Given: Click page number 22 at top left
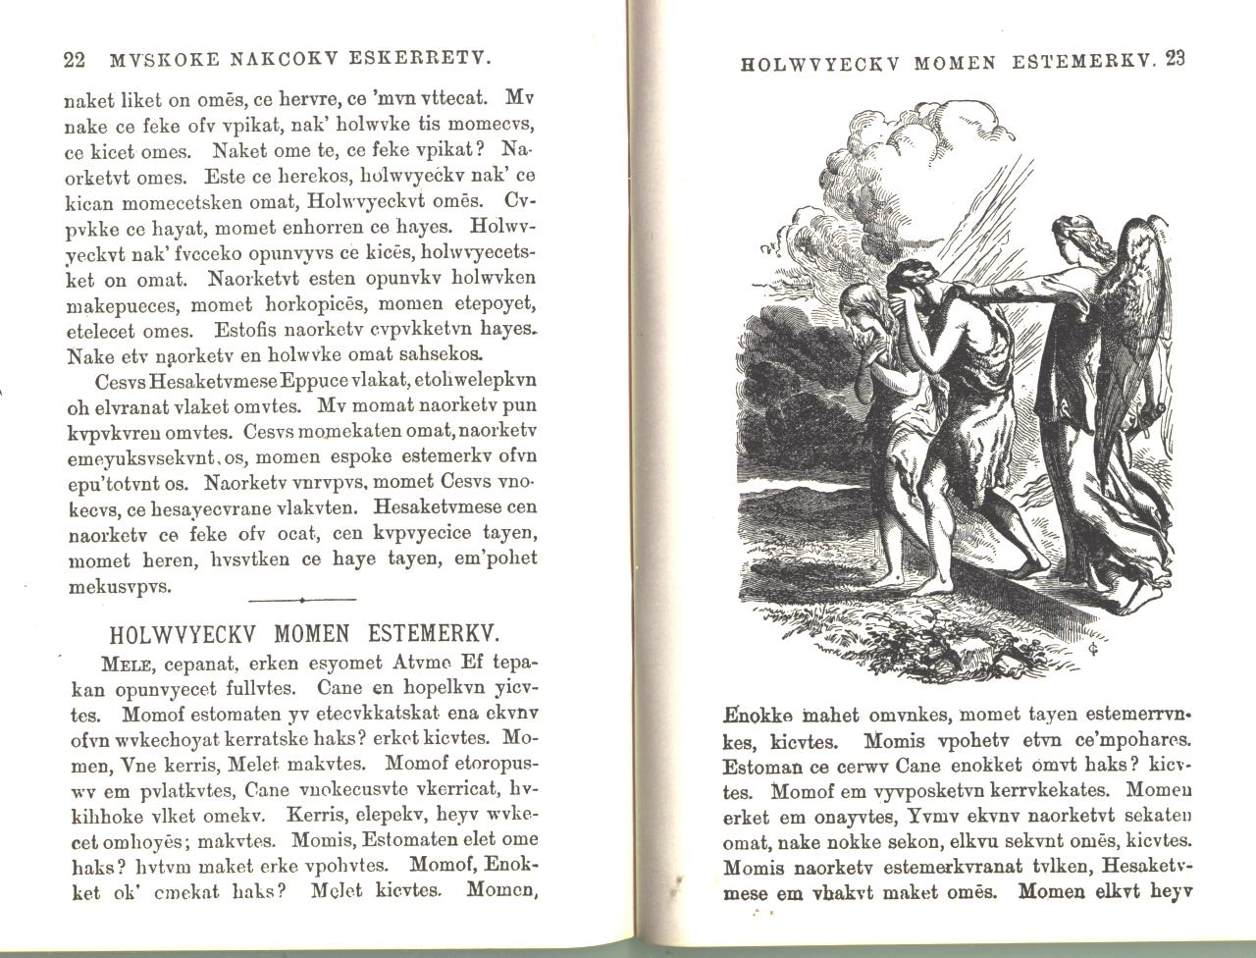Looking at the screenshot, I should pyautogui.click(x=74, y=60).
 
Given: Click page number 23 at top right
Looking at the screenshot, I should pyautogui.click(x=1177, y=59).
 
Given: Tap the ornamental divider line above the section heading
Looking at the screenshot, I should pyautogui.click(x=302, y=599).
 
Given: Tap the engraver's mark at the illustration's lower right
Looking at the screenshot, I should pyautogui.click(x=1093, y=649).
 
